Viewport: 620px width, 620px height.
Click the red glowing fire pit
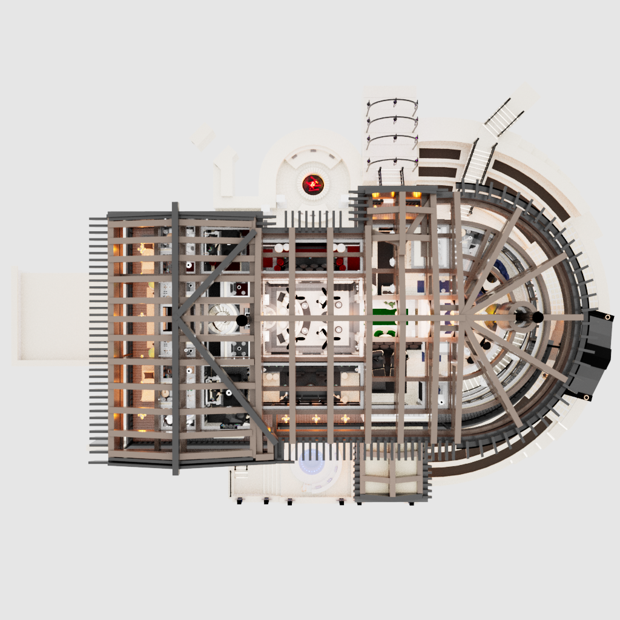point(313,183)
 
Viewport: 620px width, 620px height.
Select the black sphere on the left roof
point(241,320)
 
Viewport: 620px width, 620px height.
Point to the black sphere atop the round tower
point(537,317)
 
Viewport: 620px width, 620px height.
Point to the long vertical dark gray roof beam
point(175,339)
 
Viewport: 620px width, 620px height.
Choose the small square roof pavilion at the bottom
point(392,473)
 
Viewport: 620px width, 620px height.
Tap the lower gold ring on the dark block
point(586,397)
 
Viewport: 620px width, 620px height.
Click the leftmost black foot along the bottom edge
point(240,501)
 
